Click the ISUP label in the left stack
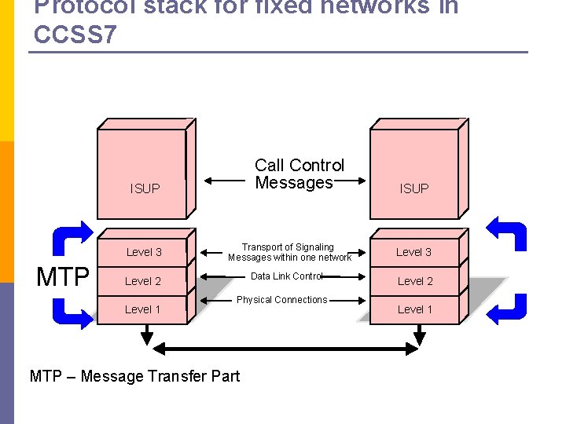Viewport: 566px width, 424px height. point(145,188)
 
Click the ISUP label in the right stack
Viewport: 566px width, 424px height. point(414,188)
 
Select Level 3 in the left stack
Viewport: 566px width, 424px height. point(144,252)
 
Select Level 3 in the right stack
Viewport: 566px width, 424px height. point(413,252)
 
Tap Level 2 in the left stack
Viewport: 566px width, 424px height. point(143,281)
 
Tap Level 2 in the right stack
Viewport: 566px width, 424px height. point(415,281)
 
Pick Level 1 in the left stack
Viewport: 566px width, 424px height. point(142,309)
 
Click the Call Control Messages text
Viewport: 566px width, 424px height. point(299,174)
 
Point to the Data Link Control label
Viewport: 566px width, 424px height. point(286,276)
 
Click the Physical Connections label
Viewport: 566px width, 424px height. point(281,300)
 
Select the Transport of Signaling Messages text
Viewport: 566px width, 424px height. point(289,252)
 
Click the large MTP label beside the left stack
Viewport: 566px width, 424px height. point(63,277)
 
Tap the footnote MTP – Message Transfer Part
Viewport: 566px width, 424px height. point(134,376)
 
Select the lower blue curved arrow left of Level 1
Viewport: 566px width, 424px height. point(72,311)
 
